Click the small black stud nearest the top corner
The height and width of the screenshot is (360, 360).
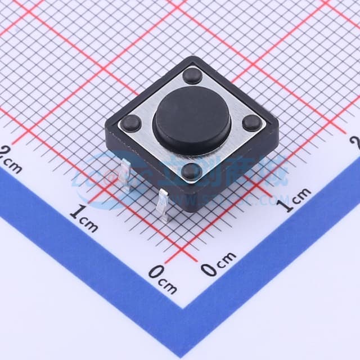tap(192, 75)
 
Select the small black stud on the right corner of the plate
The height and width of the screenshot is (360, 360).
tap(251, 123)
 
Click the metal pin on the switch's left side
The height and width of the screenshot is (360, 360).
tap(126, 175)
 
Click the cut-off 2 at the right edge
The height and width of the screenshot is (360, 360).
tap(355, 141)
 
